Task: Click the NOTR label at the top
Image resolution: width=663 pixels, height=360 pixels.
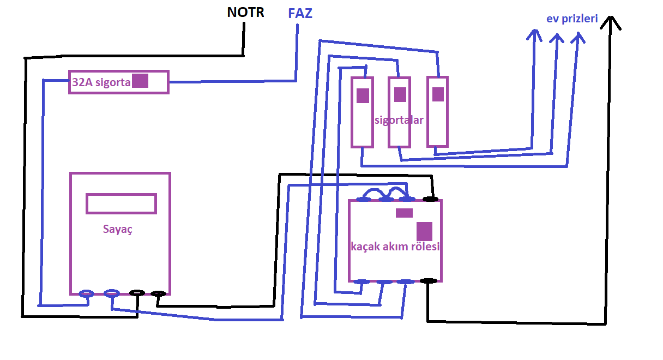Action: (x=245, y=12)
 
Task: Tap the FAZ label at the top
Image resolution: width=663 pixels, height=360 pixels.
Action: (x=300, y=13)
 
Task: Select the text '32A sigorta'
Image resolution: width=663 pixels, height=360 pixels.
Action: (x=101, y=82)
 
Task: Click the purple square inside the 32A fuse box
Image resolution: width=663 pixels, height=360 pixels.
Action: (x=140, y=81)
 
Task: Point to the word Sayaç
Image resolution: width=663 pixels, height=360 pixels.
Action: (x=118, y=229)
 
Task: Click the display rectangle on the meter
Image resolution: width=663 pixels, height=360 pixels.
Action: (x=121, y=203)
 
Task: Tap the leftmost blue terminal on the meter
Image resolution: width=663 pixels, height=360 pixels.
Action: (x=86, y=293)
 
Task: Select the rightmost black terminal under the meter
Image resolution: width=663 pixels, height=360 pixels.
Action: (x=158, y=293)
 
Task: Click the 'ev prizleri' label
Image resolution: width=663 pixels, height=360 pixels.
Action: (x=572, y=19)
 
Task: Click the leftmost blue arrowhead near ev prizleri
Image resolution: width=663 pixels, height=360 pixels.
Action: (x=534, y=35)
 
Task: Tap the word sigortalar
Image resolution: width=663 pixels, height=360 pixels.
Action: (x=399, y=120)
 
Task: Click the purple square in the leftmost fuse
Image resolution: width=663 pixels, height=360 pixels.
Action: (x=363, y=95)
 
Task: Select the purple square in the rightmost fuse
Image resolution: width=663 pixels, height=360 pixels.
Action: (x=438, y=94)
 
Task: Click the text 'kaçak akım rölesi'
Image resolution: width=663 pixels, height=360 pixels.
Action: (x=395, y=246)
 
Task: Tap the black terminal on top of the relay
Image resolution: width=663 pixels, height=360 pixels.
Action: (x=430, y=199)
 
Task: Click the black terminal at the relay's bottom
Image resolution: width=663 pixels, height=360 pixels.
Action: (x=429, y=281)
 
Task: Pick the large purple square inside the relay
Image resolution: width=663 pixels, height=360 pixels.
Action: (x=424, y=231)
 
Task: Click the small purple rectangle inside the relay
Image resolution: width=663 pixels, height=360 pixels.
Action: (x=404, y=213)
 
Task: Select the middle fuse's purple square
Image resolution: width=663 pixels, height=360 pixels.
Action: (x=400, y=94)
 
